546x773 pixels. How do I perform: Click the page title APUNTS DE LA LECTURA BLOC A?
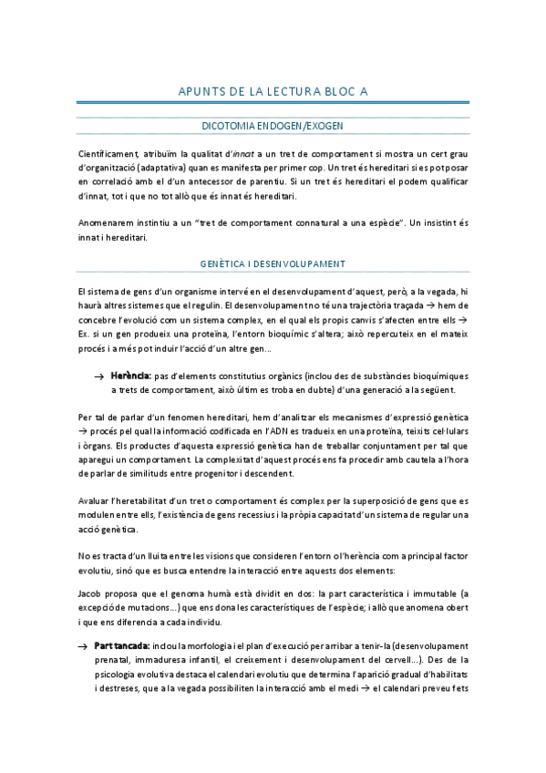pos(273,90)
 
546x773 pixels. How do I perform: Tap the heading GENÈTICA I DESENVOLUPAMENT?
pos(273,264)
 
